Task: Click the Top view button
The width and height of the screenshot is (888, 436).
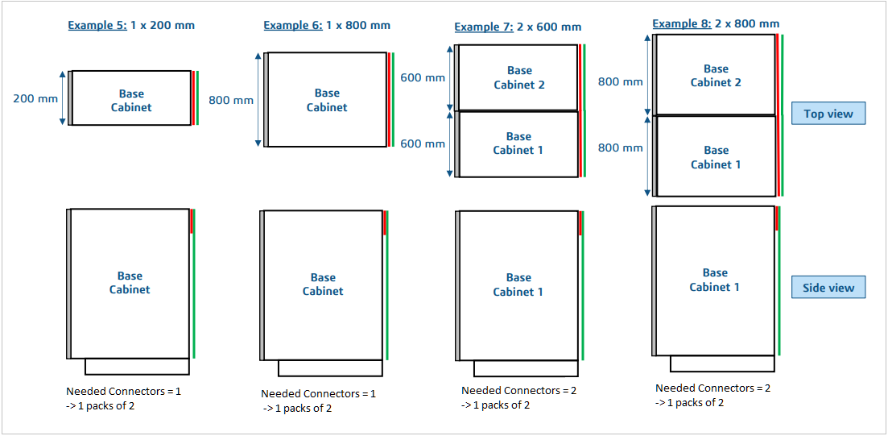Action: tap(828, 114)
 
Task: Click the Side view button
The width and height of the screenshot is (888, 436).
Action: tap(828, 288)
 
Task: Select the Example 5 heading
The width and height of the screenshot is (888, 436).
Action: tap(130, 25)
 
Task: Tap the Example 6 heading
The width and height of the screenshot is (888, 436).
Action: tap(326, 25)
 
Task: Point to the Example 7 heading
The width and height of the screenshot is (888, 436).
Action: tap(517, 27)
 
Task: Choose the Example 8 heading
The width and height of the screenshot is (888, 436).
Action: tap(715, 23)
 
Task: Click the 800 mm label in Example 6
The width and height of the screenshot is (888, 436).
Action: tap(230, 101)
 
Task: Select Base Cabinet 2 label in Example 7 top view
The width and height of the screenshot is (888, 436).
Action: tap(519, 77)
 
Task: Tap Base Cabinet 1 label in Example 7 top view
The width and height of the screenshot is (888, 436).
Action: tap(518, 143)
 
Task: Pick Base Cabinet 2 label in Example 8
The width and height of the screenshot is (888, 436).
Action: tap(716, 76)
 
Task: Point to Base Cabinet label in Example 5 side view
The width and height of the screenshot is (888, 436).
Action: tap(130, 283)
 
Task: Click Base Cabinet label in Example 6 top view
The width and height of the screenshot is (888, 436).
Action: tap(327, 100)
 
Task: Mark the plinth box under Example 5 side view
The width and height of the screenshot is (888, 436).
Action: tap(137, 367)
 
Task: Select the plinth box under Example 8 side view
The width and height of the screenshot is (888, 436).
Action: tap(721, 363)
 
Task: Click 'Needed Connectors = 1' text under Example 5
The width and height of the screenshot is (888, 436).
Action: tap(123, 391)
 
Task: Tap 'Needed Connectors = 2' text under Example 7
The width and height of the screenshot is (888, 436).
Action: tap(518, 391)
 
